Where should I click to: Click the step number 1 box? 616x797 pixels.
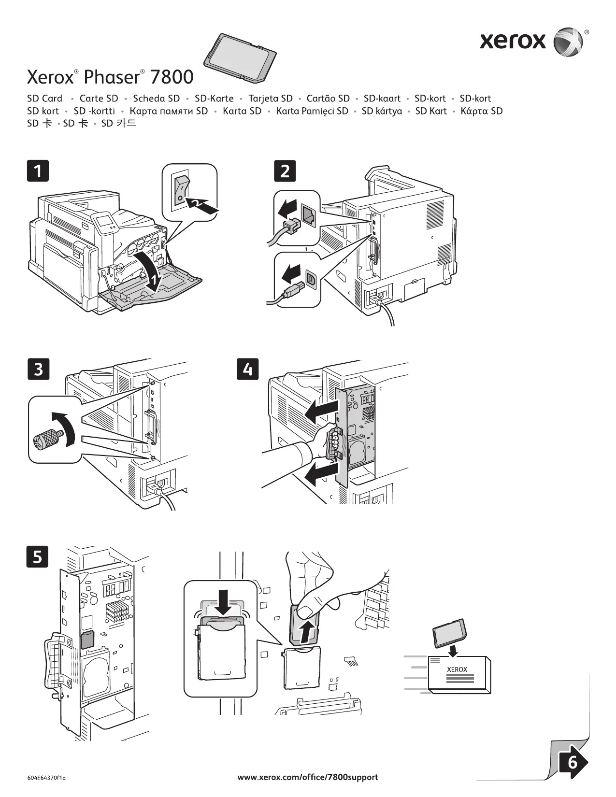click(38, 171)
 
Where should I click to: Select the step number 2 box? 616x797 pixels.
click(285, 171)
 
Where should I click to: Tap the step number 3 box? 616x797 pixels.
click(39, 369)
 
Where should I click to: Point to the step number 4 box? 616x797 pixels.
click(248, 369)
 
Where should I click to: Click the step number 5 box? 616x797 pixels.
click(37, 556)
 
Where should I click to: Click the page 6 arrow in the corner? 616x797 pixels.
click(573, 763)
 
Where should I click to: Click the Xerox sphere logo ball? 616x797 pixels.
click(568, 42)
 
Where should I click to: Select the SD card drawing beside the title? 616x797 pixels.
click(240, 57)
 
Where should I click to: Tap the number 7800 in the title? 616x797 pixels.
click(172, 77)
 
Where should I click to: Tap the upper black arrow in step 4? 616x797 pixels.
click(322, 411)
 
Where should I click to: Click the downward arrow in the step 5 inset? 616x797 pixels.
click(223, 602)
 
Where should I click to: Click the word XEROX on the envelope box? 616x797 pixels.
click(457, 669)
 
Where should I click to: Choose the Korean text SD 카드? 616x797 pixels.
click(118, 123)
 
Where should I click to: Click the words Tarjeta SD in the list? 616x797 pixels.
click(271, 99)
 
